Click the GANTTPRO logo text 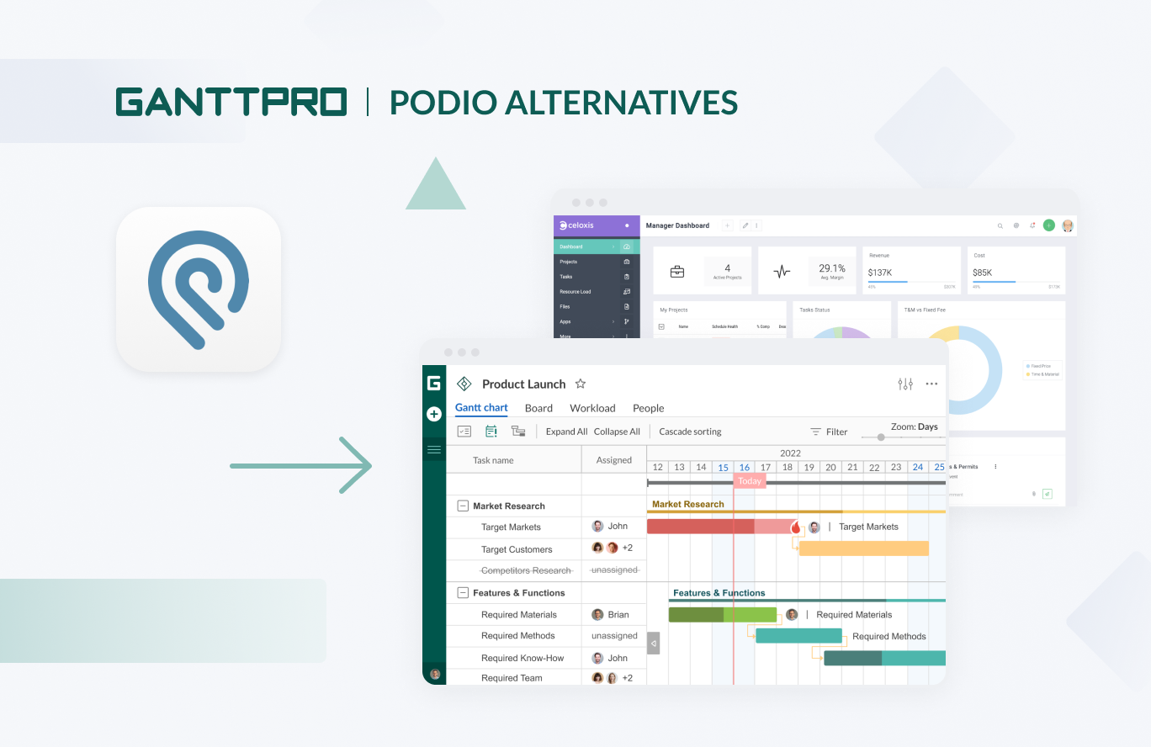pyautogui.click(x=231, y=102)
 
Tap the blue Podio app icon pyautogui.click(x=199, y=289)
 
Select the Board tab pyautogui.click(x=538, y=408)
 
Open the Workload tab pyautogui.click(x=592, y=408)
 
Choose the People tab pyautogui.click(x=648, y=408)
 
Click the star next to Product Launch pyautogui.click(x=580, y=384)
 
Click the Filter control pyautogui.click(x=829, y=432)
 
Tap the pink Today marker pyautogui.click(x=749, y=481)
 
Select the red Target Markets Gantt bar pyautogui.click(x=700, y=527)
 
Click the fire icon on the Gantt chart pyautogui.click(x=795, y=527)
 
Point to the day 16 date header pyautogui.click(x=744, y=467)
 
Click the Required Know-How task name pyautogui.click(x=522, y=658)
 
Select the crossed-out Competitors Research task pyautogui.click(x=526, y=570)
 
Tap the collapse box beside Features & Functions pyautogui.click(x=462, y=592)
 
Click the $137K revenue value pyautogui.click(x=880, y=273)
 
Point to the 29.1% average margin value pyautogui.click(x=831, y=268)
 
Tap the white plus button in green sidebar pyautogui.click(x=434, y=414)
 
